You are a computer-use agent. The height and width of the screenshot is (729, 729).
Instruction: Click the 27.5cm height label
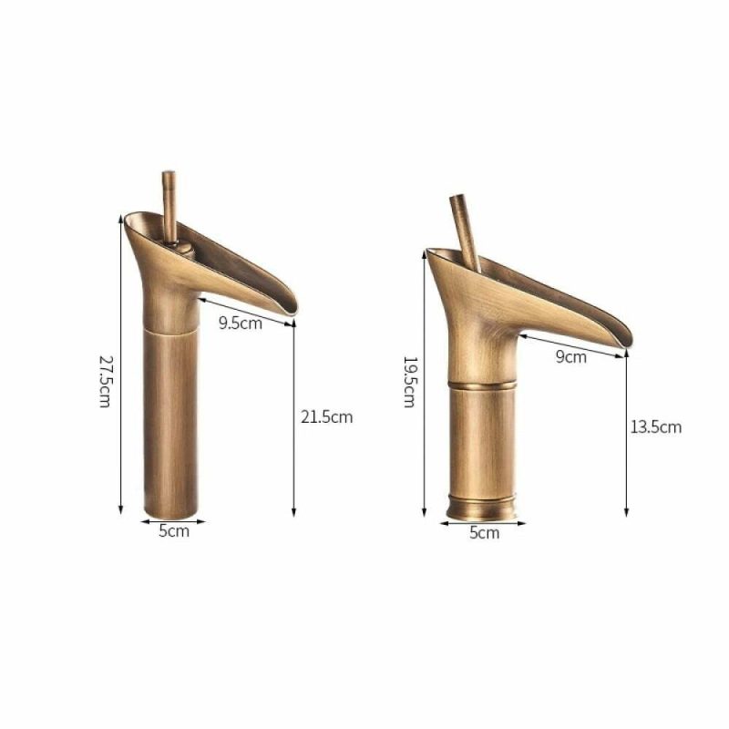pyautogui.click(x=105, y=382)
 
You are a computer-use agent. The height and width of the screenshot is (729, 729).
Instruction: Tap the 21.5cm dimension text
pyautogui.click(x=327, y=417)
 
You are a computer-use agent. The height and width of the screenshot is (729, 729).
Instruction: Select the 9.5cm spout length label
pyautogui.click(x=241, y=323)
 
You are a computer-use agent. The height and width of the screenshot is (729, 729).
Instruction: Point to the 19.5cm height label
pyautogui.click(x=409, y=382)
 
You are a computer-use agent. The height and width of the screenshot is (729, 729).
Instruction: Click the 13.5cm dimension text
pyautogui.click(x=655, y=426)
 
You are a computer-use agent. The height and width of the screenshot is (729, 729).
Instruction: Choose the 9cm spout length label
pyautogui.click(x=571, y=357)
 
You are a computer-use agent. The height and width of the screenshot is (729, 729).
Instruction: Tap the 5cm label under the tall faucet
pyautogui.click(x=174, y=531)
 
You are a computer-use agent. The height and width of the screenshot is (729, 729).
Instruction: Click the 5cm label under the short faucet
pyautogui.click(x=484, y=533)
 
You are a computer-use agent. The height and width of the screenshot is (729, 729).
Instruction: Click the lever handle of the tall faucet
pyautogui.click(x=169, y=207)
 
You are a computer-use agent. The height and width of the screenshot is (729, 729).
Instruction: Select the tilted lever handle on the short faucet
pyautogui.click(x=466, y=233)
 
